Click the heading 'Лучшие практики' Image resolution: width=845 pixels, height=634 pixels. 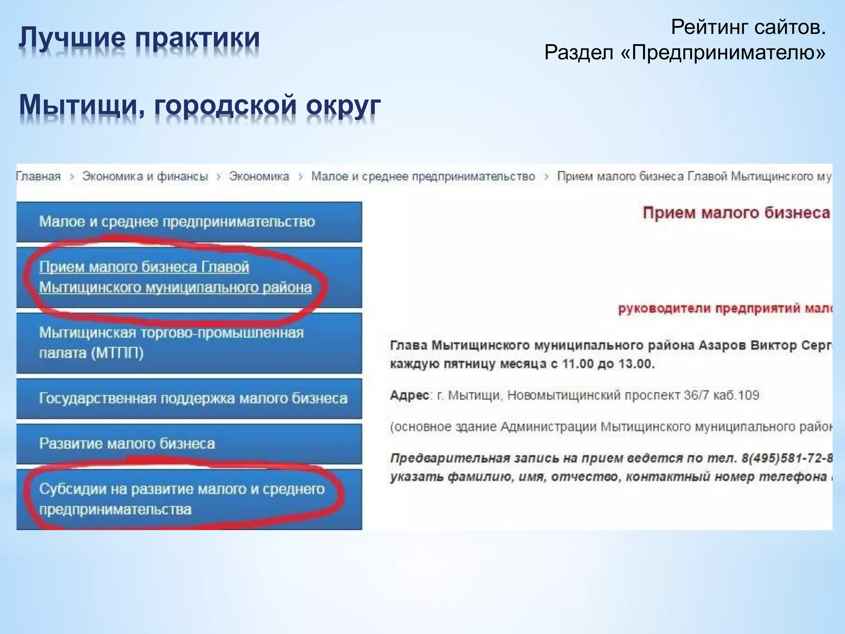(x=139, y=38)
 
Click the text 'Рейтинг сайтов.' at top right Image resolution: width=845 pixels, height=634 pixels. (x=748, y=28)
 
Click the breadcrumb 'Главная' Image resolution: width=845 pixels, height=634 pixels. (x=39, y=177)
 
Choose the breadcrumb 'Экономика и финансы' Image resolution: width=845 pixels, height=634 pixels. (x=145, y=177)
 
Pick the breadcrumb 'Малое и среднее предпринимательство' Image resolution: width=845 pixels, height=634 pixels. (x=423, y=177)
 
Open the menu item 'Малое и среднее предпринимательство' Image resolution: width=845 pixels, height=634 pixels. (x=177, y=222)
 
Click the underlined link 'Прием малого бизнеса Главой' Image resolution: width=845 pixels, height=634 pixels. (x=144, y=267)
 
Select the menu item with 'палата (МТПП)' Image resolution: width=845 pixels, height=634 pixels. (x=91, y=353)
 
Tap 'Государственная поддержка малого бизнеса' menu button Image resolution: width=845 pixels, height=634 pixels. (x=193, y=398)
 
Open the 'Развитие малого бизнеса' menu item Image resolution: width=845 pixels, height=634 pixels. (x=127, y=444)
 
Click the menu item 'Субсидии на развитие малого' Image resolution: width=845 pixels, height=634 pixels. (x=182, y=489)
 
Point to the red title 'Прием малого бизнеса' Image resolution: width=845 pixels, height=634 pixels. (x=736, y=213)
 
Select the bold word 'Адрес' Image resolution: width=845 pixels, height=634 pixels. (x=410, y=395)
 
